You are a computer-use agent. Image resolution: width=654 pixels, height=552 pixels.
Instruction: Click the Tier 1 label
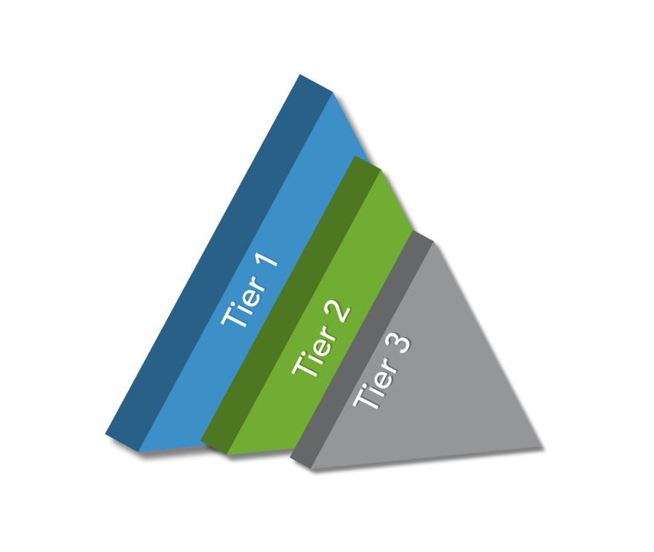point(251,292)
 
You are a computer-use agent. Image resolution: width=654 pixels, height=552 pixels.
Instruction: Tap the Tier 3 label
point(382,371)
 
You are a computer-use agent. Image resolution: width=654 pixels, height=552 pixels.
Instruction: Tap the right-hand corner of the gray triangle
point(539,446)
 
